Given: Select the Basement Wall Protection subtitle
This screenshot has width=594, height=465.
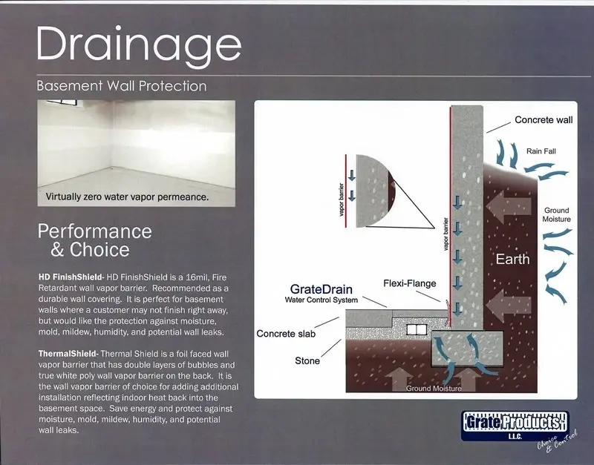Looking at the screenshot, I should tap(122, 87).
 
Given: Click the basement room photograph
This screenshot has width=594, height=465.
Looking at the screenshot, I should tap(136, 145).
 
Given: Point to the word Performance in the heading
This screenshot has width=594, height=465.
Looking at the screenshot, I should tap(94, 231).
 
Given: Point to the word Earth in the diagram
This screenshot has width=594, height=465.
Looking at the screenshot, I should tap(513, 260).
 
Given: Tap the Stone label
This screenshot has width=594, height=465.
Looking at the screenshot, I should tap(307, 360).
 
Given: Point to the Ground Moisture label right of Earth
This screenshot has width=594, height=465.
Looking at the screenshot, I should tap(556, 214).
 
